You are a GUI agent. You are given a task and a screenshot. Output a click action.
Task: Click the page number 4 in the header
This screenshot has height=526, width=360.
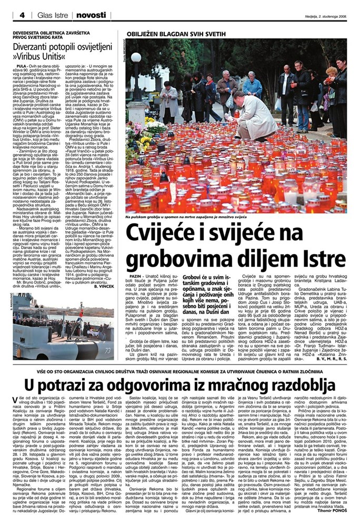pyautogui.click(x=22, y=15)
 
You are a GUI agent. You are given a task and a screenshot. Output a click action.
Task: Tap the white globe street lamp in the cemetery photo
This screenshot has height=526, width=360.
pyautogui.click(x=136, y=57)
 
